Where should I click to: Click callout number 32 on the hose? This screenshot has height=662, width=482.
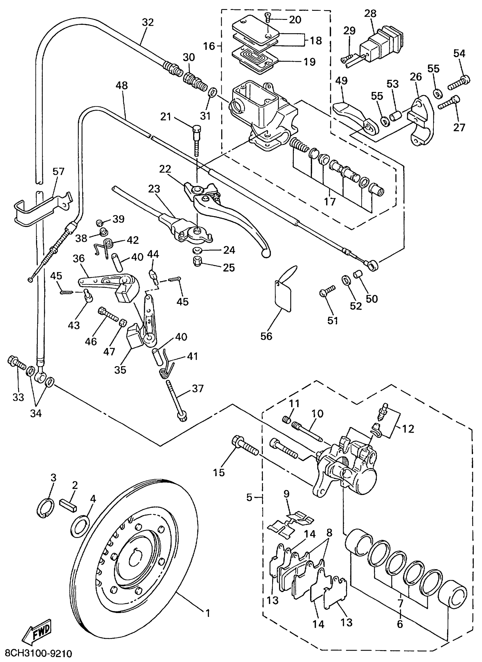click(x=148, y=22)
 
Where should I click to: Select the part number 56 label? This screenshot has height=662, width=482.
click(x=266, y=336)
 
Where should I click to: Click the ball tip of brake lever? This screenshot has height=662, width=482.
click(x=266, y=253)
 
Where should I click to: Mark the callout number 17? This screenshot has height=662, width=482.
click(x=330, y=201)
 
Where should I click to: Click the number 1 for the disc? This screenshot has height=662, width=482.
click(x=208, y=613)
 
